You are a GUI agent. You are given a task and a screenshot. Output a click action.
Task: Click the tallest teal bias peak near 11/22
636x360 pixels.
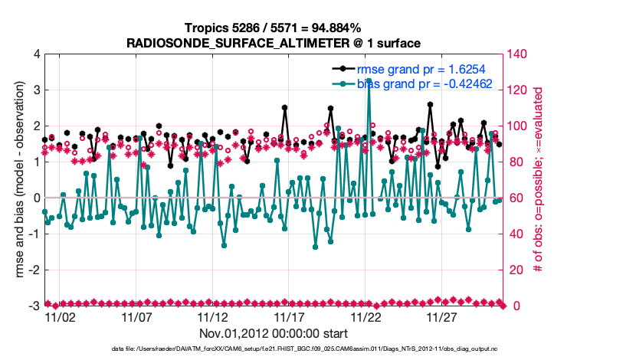point(369,80)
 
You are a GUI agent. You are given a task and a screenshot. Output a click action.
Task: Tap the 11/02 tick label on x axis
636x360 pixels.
point(60,316)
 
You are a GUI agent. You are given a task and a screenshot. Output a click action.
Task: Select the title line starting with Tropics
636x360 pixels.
point(274,28)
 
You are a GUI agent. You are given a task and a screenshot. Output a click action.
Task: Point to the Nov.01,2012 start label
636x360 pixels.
point(274,333)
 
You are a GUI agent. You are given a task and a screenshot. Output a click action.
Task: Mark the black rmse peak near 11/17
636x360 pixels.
point(284,108)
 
